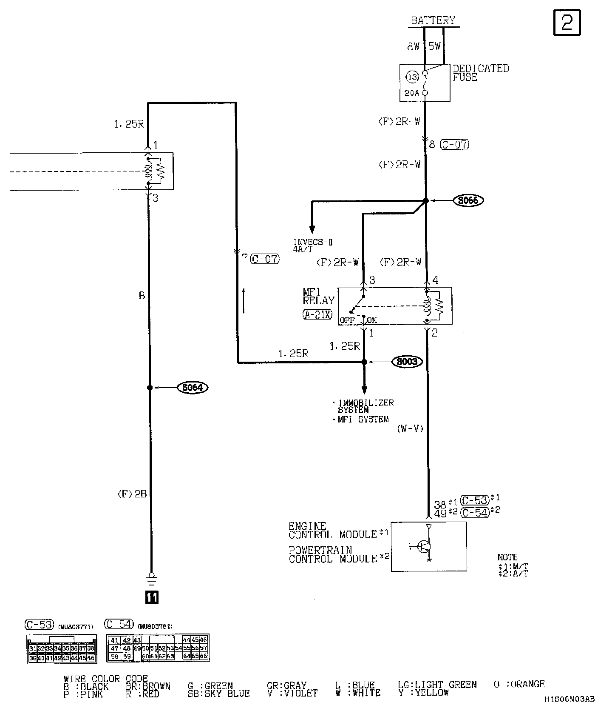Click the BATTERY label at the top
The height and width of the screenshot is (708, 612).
tap(433, 20)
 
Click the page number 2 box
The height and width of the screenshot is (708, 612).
tap(567, 22)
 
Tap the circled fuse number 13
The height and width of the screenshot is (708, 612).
tap(412, 77)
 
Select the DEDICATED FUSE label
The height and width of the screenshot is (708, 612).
tap(480, 73)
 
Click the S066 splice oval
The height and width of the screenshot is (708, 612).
tap(468, 200)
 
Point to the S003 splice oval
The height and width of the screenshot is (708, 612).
tap(407, 362)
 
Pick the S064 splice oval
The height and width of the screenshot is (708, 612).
tap(193, 388)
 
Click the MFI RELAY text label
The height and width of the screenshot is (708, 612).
tap(318, 296)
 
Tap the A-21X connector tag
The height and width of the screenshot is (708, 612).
tap(317, 315)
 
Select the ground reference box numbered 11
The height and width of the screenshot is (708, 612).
tap(152, 597)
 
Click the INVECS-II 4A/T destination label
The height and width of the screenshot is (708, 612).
tap(312, 246)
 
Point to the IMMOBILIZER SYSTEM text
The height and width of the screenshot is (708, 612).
tap(365, 406)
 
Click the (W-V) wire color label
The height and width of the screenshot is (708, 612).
tap(410, 428)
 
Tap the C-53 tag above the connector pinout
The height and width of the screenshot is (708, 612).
tap(39, 624)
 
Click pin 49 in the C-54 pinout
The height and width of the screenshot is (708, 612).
tap(137, 648)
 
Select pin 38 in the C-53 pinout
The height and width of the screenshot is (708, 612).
tap(91, 648)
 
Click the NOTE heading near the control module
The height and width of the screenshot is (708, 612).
tap(507, 557)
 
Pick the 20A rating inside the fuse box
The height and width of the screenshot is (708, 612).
tap(412, 93)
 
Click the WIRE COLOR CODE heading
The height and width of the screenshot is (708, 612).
tap(105, 679)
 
